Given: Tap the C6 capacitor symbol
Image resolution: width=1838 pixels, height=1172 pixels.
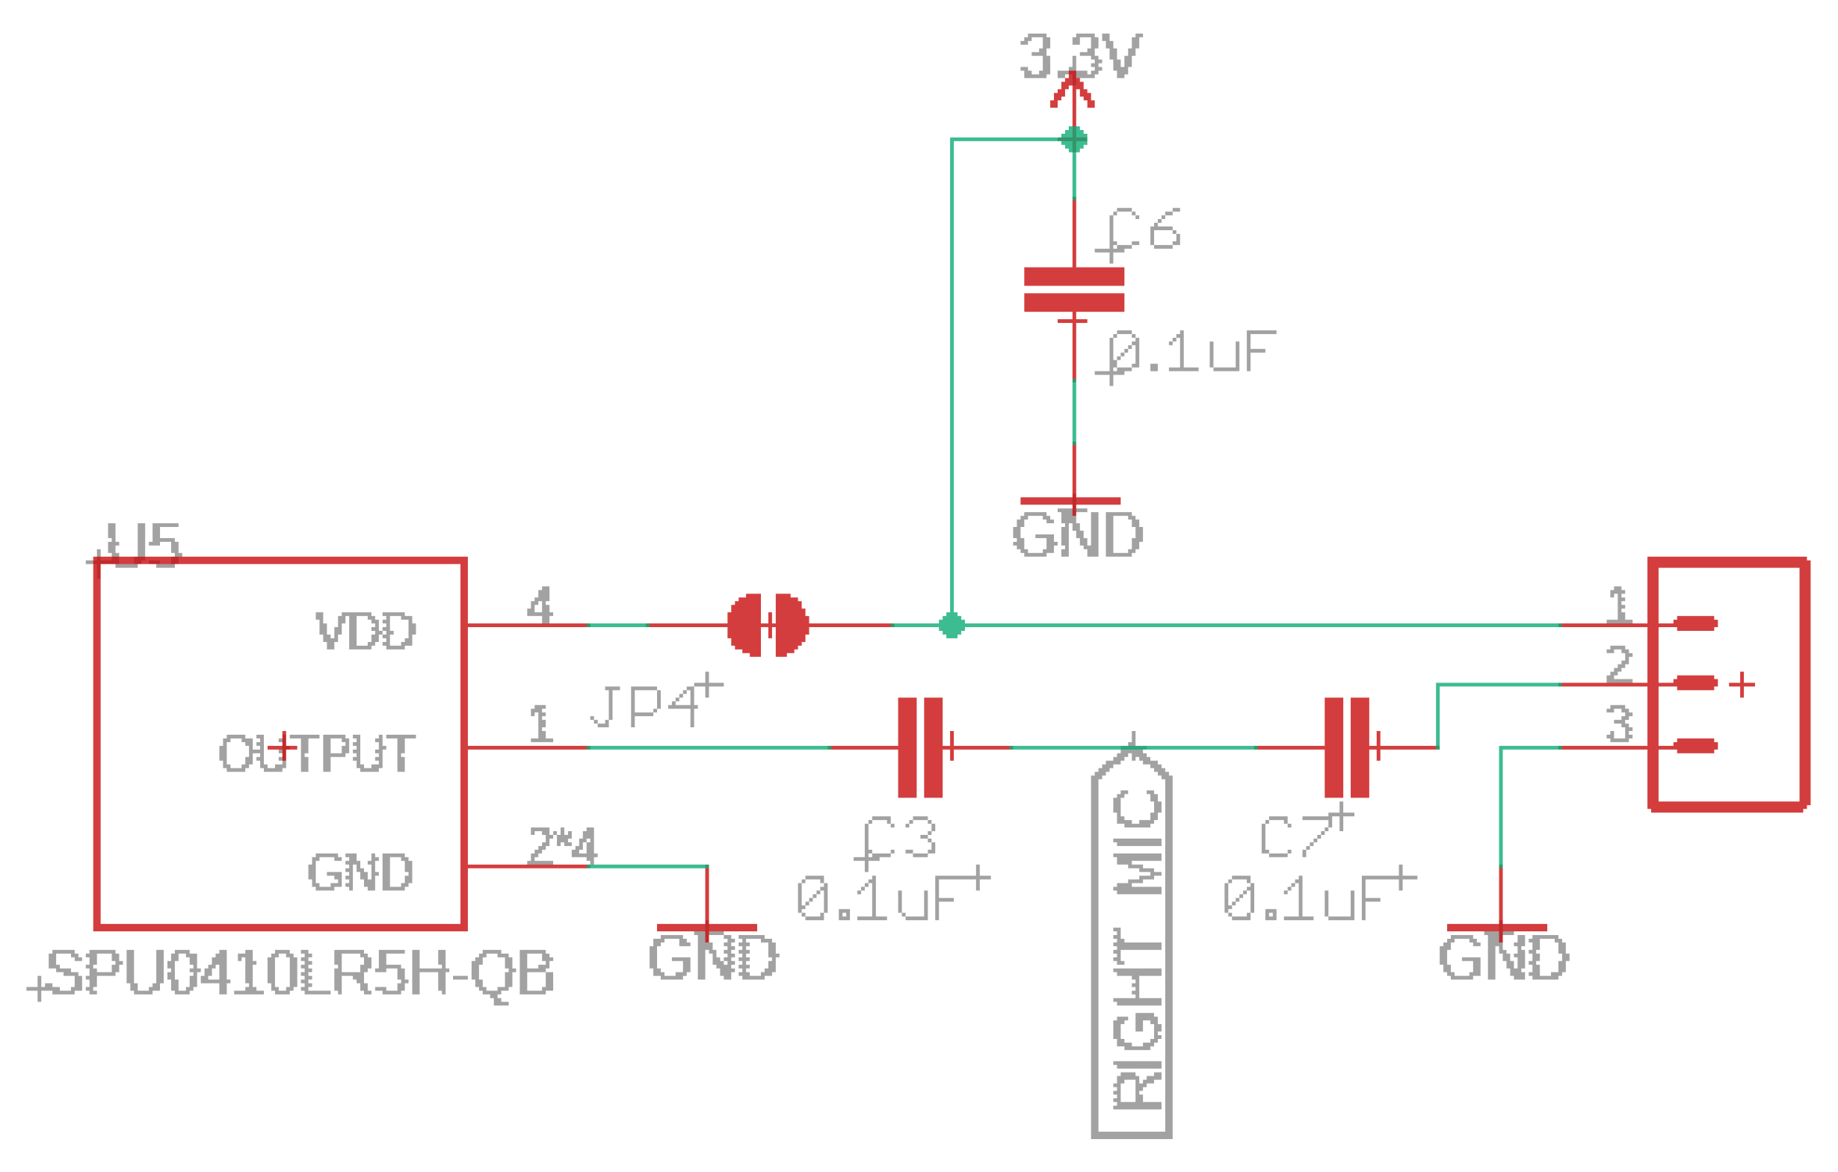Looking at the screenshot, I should pos(1074,289).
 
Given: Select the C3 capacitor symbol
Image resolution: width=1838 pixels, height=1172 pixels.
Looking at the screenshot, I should pos(920,747).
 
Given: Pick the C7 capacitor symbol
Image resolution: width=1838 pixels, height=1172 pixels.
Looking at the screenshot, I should pos(1346,747).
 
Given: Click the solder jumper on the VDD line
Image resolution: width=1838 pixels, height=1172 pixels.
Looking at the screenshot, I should pos(768,625).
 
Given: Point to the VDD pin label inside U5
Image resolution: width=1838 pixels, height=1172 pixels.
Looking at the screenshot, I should pos(366,631).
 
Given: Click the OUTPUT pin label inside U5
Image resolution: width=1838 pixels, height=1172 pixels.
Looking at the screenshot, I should pos(317,753).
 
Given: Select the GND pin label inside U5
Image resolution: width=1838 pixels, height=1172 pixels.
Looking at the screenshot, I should pos(360,872).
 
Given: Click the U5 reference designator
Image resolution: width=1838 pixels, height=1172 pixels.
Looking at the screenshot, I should pos(143,545).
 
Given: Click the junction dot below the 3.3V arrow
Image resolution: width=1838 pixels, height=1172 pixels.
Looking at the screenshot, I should pos(1074,139).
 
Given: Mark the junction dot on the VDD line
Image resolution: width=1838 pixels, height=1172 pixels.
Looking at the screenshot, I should pos(951,625).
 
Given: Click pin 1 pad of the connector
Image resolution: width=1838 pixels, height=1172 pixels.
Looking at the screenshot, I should pos(1695,623).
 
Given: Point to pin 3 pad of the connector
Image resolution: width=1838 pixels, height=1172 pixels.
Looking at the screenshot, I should pos(1695,745).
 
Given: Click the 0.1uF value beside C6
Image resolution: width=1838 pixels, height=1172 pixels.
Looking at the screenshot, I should pos(1191,353).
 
